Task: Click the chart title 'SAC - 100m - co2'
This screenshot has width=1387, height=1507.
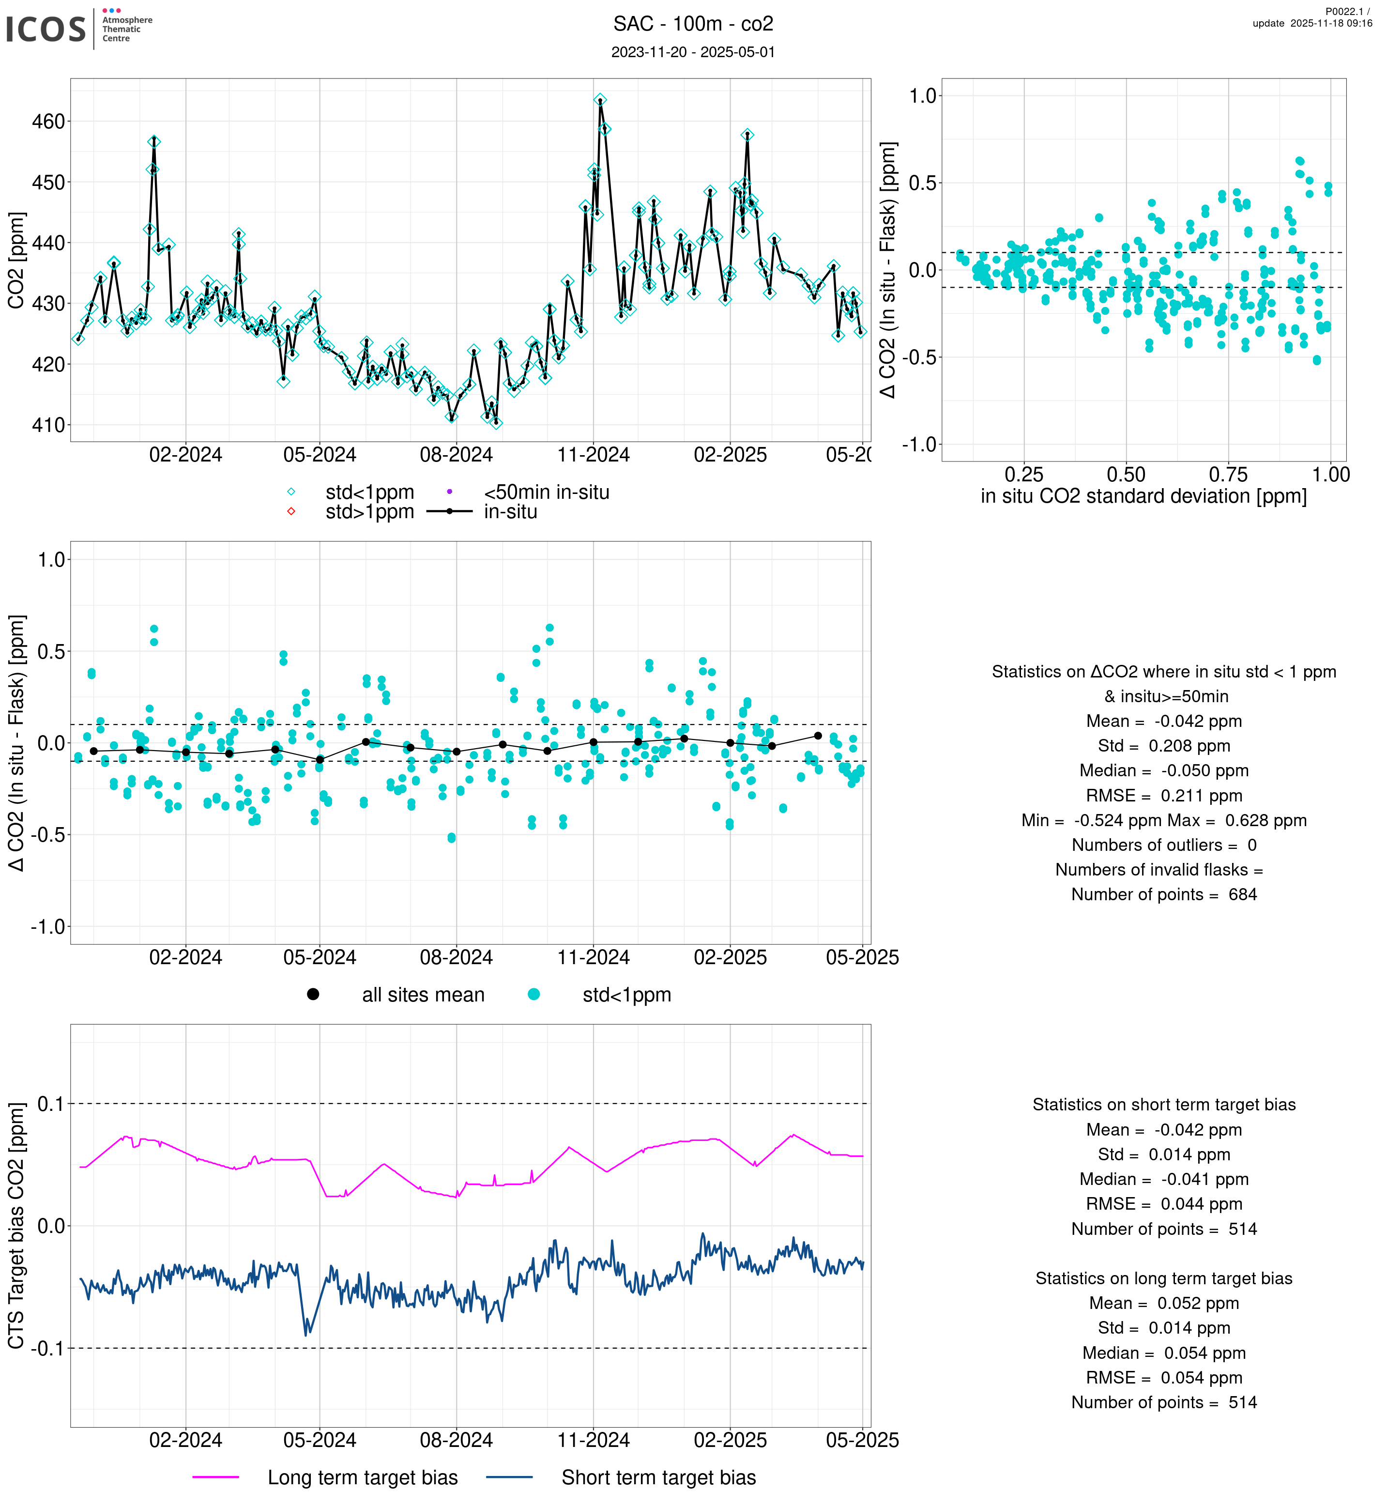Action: coord(693,24)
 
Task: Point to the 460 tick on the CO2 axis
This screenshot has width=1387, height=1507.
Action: coord(48,122)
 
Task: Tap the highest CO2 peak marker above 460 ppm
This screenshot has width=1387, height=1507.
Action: coord(600,100)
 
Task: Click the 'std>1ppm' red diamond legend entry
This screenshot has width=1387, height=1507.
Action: coord(353,512)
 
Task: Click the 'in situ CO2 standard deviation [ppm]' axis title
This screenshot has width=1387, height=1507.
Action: coord(1143,496)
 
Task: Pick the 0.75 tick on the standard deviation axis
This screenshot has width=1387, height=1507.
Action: coord(1228,475)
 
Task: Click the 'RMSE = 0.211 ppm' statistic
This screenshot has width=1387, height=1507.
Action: coord(1163,795)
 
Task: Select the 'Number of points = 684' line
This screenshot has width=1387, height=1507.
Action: coord(1163,894)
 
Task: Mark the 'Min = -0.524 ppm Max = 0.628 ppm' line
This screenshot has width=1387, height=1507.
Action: coord(1163,820)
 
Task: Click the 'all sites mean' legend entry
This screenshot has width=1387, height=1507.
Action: coord(405,995)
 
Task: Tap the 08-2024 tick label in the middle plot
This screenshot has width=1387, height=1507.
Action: coord(457,957)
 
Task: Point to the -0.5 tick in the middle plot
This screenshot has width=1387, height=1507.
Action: coord(48,835)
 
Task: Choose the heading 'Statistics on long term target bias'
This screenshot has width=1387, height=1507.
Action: coord(1163,1278)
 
